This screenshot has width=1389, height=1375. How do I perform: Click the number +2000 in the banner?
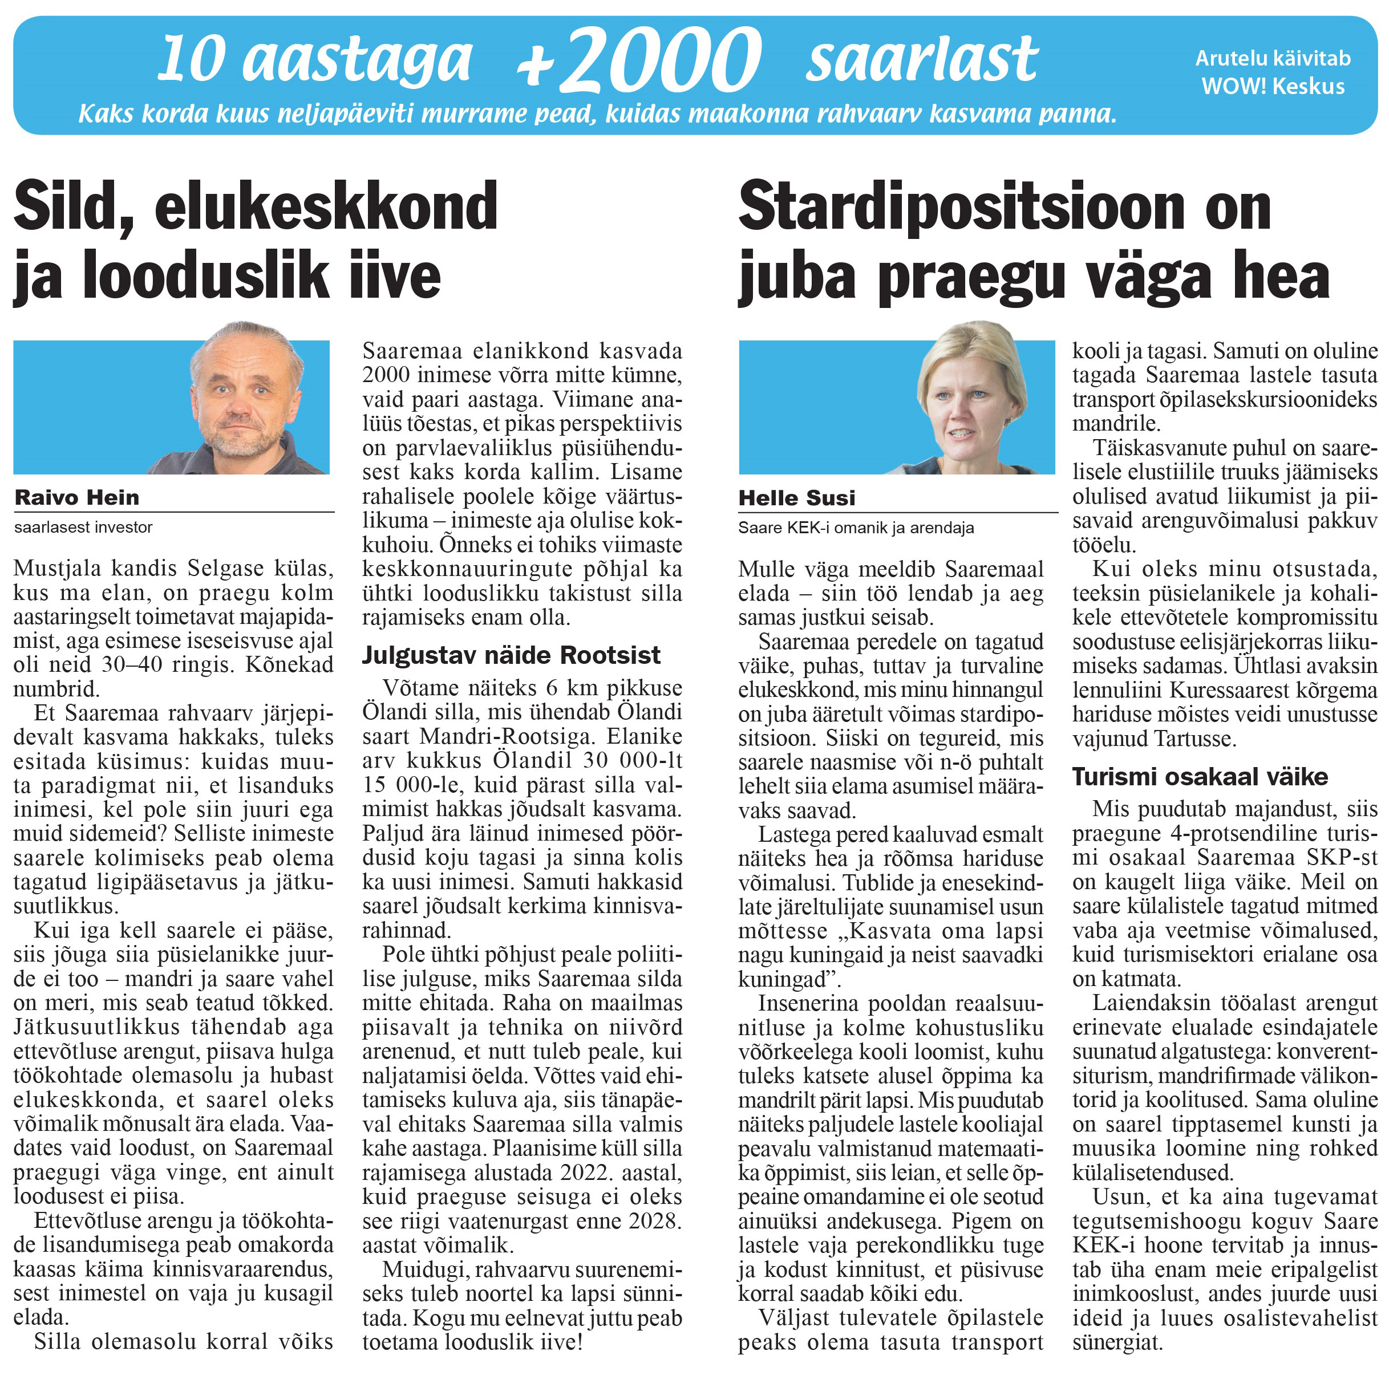[640, 61]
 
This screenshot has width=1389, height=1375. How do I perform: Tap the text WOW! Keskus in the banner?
[1273, 86]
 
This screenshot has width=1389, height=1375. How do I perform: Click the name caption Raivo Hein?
[77, 497]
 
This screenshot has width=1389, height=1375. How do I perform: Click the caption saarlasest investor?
[83, 527]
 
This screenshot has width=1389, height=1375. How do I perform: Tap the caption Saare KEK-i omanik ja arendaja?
[856, 528]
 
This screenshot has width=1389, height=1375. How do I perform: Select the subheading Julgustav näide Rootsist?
[511, 655]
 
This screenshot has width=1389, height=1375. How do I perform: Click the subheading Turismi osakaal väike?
[1200, 776]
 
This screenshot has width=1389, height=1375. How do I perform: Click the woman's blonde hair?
[970, 345]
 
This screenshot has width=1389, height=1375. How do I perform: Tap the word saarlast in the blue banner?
[922, 59]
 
